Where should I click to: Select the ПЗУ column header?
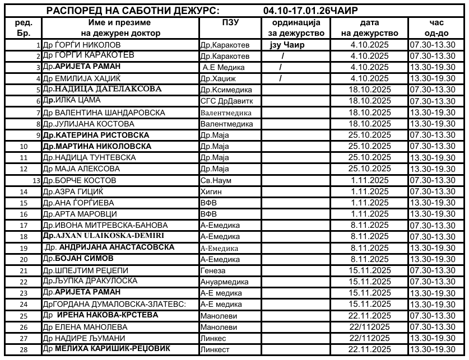click(x=230, y=23)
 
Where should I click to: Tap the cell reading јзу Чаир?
click(x=287, y=44)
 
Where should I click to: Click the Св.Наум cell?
click(x=216, y=180)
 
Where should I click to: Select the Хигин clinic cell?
click(x=212, y=191)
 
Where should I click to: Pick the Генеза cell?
click(x=213, y=270)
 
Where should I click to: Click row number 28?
click(x=24, y=349)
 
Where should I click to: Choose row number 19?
click(x=24, y=248)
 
